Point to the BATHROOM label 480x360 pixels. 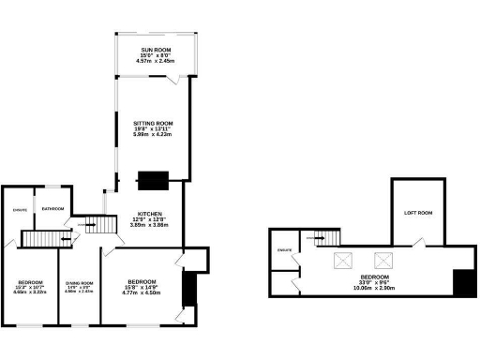pos(52,209)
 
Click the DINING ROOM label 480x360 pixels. pos(79,283)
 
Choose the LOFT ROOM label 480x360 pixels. pos(418,214)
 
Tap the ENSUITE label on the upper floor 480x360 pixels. pos(285,249)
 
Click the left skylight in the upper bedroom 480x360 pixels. pos(344,260)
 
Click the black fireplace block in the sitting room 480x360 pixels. pos(152,179)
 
